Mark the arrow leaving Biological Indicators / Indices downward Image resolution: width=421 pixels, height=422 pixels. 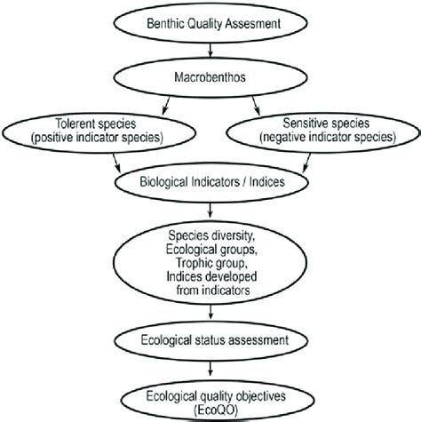pyautogui.click(x=210, y=211)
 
